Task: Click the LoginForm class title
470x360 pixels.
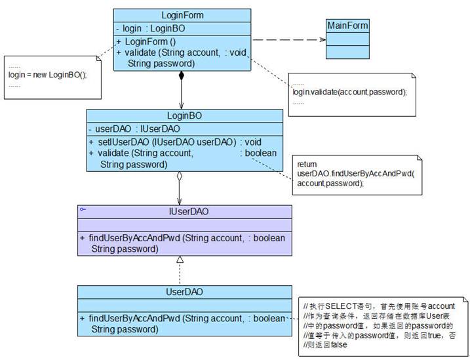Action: coord(182,15)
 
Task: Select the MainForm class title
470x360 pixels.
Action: coord(347,26)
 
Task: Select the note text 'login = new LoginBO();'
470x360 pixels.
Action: coord(47,75)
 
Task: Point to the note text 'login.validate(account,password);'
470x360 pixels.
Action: coord(349,92)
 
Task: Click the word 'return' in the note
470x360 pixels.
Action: coord(307,163)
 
